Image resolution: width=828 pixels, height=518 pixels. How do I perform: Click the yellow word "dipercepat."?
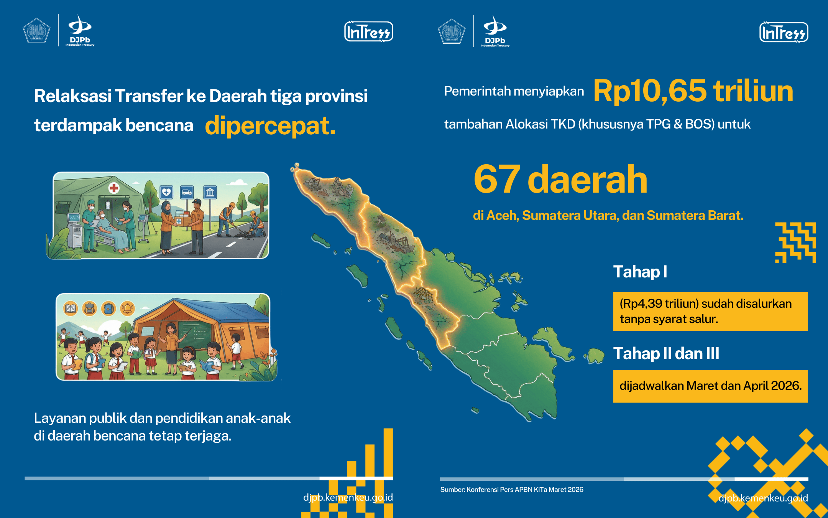click(x=270, y=126)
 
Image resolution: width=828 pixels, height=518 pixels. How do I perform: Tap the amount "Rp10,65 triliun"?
click(x=693, y=91)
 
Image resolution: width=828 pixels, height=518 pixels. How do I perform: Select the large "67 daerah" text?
click(x=560, y=179)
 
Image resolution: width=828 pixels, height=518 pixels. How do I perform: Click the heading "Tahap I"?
click(x=640, y=272)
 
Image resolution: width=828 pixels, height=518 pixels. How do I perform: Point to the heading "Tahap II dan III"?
click(x=666, y=354)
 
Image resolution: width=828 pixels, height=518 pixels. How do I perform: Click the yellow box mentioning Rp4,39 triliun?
click(x=710, y=311)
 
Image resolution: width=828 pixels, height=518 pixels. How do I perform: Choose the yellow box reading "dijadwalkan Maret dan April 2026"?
click(x=710, y=386)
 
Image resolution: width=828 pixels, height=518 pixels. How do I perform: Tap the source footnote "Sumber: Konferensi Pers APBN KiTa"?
click(x=512, y=490)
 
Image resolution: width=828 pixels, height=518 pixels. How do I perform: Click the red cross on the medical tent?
click(x=114, y=188)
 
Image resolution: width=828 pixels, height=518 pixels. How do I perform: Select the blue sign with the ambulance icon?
click(x=187, y=192)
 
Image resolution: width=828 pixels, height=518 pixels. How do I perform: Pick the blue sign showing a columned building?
click(x=210, y=192)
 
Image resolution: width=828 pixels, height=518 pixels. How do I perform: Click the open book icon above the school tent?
click(x=71, y=308)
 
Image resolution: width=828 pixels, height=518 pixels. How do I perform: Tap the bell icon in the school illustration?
click(x=127, y=308)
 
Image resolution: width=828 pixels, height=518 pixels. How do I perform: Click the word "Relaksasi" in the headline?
click(x=72, y=96)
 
